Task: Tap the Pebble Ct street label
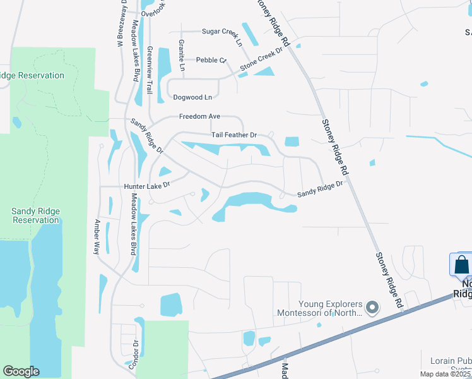tap(211, 60)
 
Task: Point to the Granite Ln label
tap(182, 55)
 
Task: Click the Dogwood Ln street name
tap(192, 97)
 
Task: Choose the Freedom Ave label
tap(199, 116)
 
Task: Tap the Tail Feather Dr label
tap(233, 135)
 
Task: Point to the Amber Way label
tap(97, 237)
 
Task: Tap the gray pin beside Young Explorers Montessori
tap(372, 308)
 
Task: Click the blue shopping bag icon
tap(461, 265)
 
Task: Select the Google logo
tap(21, 371)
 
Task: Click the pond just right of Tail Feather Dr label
tap(292, 141)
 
